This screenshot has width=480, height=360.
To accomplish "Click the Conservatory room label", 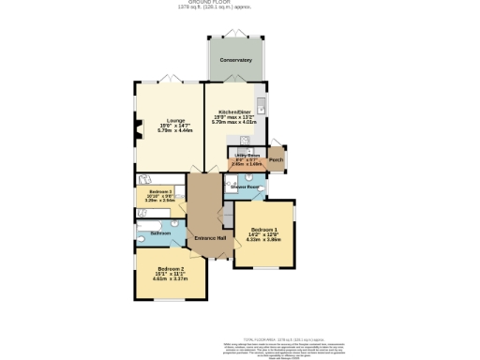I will (x=235, y=60).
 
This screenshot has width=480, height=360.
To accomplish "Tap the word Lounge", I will (x=174, y=120).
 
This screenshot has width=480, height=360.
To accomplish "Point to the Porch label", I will (x=276, y=160).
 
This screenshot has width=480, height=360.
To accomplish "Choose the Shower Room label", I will (x=247, y=187).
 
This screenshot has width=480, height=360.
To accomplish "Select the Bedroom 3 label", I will (x=161, y=190).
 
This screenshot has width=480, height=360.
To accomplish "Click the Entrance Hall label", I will (x=209, y=237).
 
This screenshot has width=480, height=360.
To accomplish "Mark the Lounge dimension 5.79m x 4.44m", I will (x=174, y=131).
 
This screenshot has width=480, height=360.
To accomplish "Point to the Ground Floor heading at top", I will (x=239, y=3).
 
